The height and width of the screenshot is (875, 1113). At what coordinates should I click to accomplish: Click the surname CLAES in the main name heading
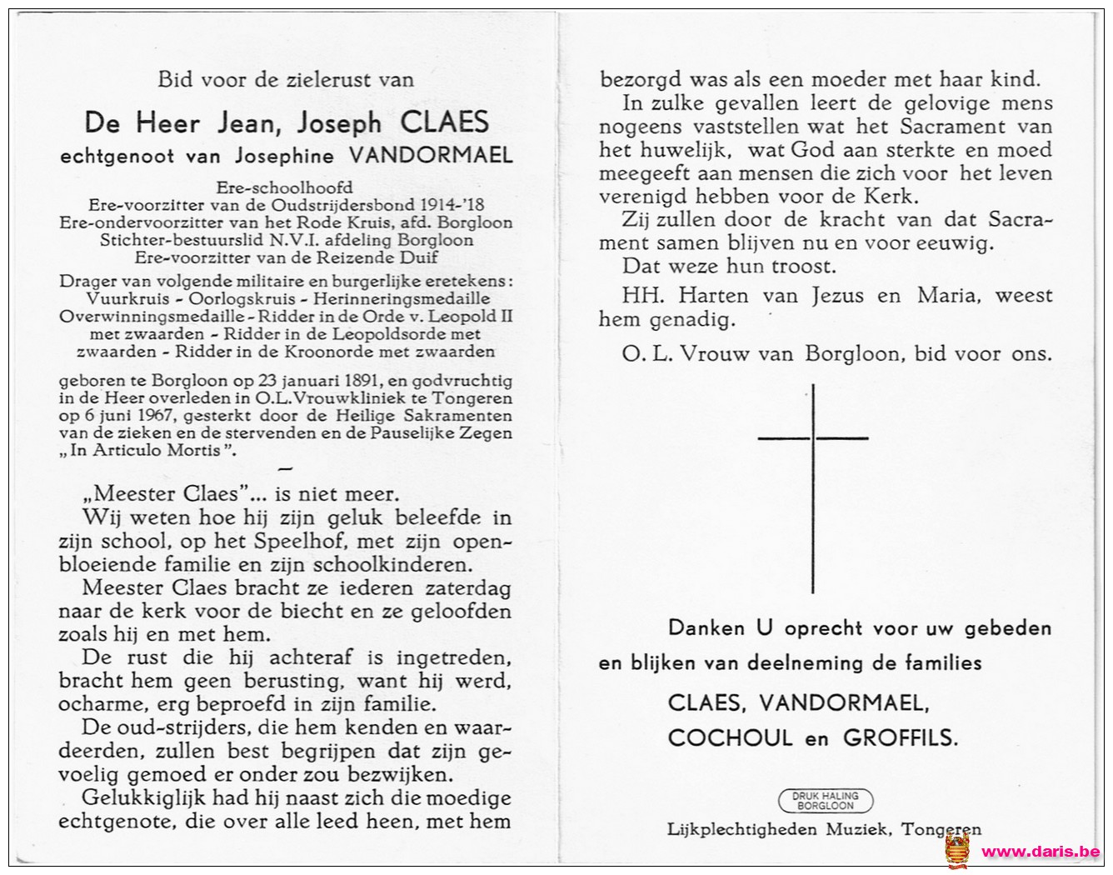pyautogui.click(x=444, y=122)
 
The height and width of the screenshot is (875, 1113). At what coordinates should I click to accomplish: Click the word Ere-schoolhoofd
pyautogui.click(x=284, y=187)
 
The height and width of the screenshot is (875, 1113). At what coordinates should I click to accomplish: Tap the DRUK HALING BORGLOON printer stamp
pyautogui.click(x=825, y=801)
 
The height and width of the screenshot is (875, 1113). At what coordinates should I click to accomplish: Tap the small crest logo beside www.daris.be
pyautogui.click(x=958, y=850)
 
